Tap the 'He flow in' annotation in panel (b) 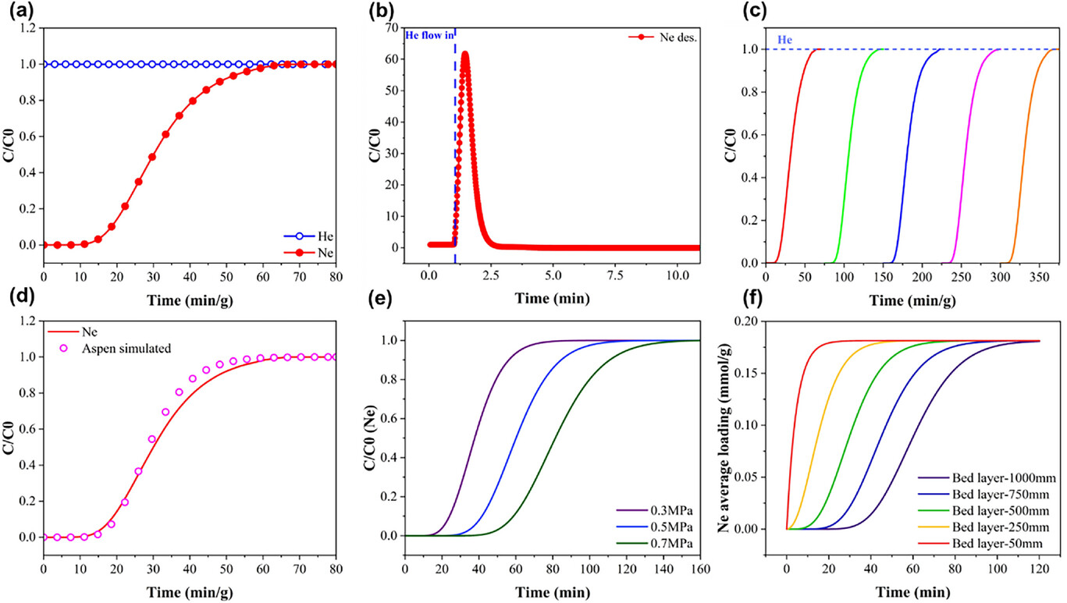[x=428, y=34]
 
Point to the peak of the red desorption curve [x=465, y=53]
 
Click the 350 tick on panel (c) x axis [x=1039, y=275]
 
